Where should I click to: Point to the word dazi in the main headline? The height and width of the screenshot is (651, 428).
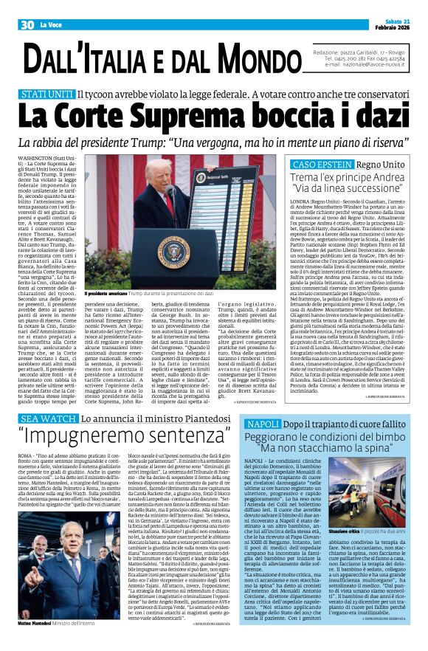point(379,116)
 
